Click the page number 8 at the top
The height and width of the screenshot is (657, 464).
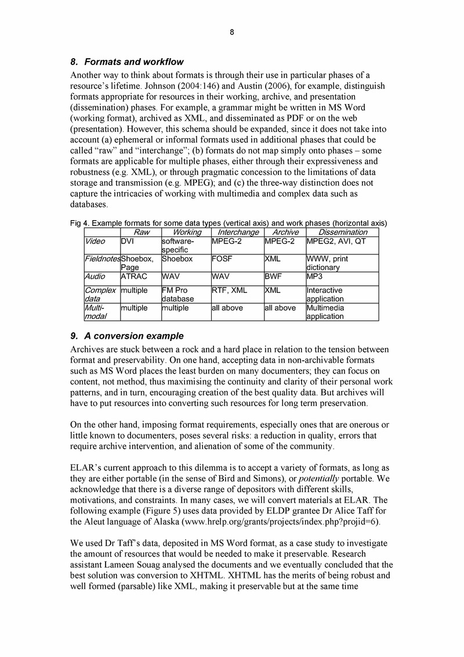tap(231, 33)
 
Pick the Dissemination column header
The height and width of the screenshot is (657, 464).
tap(342, 232)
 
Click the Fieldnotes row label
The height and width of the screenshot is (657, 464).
tap(102, 259)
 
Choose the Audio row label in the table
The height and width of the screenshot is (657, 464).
tap(95, 277)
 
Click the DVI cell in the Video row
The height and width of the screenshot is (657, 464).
tap(128, 240)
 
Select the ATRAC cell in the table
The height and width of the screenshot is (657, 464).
tap(132, 277)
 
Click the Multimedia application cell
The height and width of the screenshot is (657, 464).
tap(326, 312)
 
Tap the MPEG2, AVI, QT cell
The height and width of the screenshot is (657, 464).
tap(336, 240)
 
